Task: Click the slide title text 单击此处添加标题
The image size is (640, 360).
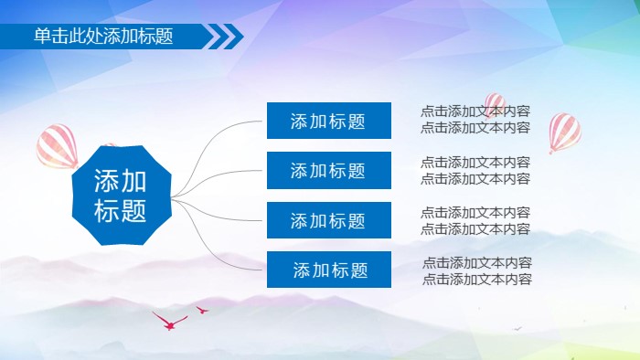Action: (x=102, y=37)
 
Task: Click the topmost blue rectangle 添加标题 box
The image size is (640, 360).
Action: (x=329, y=121)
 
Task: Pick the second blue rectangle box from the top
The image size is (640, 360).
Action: (x=329, y=171)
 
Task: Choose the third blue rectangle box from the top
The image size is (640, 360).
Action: (x=329, y=220)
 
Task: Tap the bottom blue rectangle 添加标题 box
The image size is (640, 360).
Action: (x=329, y=270)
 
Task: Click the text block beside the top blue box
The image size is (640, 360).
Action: (x=475, y=120)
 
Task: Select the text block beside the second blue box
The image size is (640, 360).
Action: (x=475, y=170)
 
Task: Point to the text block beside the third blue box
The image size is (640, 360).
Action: (x=475, y=220)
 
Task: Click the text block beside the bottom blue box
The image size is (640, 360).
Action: (x=476, y=271)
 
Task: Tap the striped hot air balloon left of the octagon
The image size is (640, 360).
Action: (x=57, y=146)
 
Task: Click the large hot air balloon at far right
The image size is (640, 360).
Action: (x=564, y=132)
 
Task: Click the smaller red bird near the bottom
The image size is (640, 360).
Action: (x=202, y=311)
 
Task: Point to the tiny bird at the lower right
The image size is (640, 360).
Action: (x=517, y=327)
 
